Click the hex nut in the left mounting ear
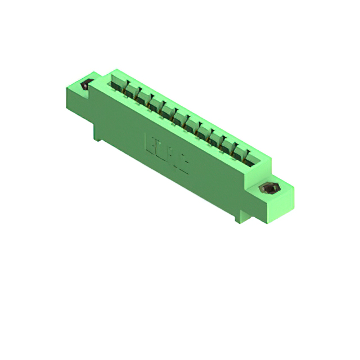coord(86,85)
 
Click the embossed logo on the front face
coord(166,150)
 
